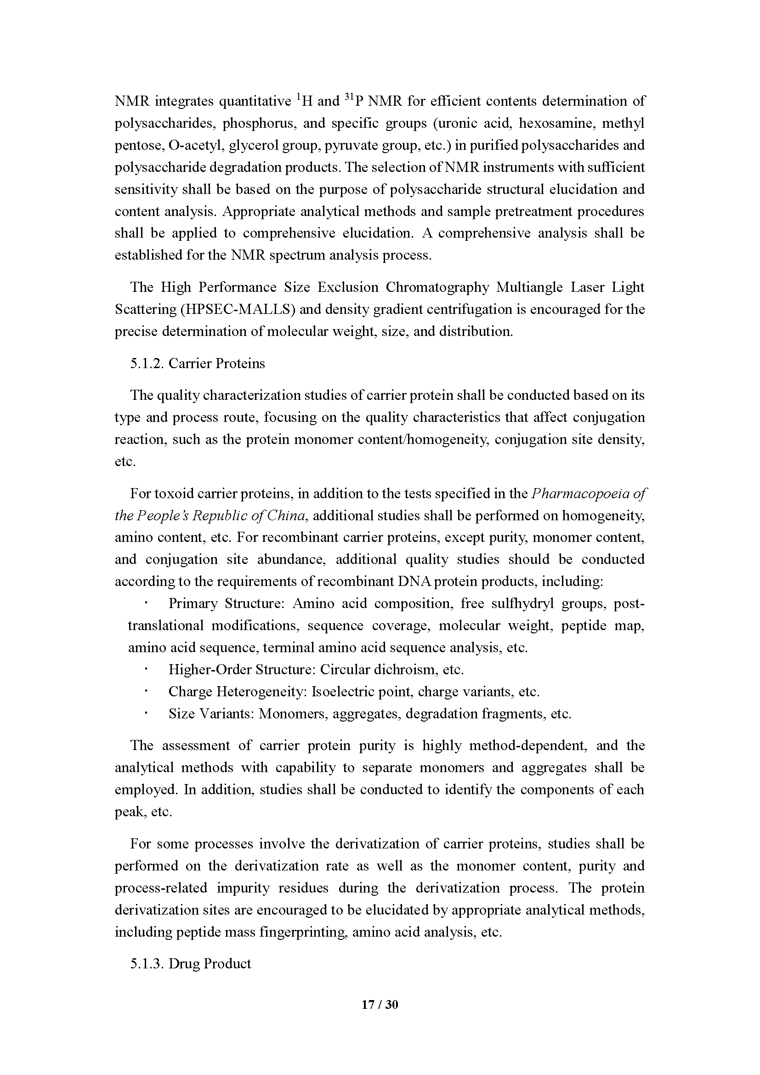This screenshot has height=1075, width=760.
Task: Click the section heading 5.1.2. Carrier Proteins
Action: click(x=197, y=364)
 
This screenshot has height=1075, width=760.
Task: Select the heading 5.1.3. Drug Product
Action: click(x=191, y=964)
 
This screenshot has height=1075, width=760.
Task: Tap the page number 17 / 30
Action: click(x=380, y=1005)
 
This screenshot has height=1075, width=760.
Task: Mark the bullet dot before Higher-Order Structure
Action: click(x=146, y=670)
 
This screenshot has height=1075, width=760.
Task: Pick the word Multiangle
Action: click(x=529, y=287)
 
